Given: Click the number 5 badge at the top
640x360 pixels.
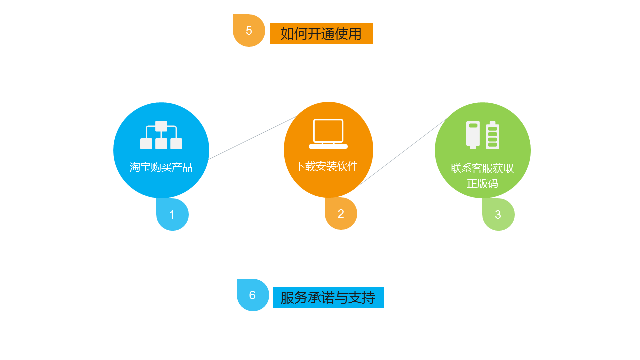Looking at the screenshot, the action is [x=249, y=31].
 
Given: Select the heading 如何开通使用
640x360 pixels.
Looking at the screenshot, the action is [x=321, y=33].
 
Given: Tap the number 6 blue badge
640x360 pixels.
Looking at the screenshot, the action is [x=252, y=295].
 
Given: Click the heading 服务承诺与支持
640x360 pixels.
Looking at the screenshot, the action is [x=328, y=297].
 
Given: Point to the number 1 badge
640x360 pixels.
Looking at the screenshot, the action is [x=172, y=215].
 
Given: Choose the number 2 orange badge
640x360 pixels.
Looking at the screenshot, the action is [x=341, y=214].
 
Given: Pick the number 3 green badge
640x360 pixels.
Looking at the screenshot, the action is [x=498, y=215].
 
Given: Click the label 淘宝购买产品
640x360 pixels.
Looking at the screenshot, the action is [x=161, y=167].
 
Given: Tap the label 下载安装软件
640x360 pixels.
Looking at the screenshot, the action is [x=326, y=166].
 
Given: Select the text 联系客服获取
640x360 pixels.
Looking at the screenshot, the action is [x=482, y=168].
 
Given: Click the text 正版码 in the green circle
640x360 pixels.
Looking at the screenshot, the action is [x=482, y=184].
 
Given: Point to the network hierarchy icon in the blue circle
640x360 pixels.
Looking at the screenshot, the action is [x=161, y=135].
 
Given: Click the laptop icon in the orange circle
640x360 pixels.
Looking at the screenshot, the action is [x=328, y=134].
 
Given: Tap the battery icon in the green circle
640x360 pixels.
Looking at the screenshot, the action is [x=493, y=134].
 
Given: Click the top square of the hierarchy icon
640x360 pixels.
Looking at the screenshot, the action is [x=161, y=126].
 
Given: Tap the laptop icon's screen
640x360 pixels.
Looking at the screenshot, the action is [x=328, y=131].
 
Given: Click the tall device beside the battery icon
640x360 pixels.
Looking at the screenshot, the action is [x=473, y=134].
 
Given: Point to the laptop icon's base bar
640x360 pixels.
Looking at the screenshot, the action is [x=328, y=146].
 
